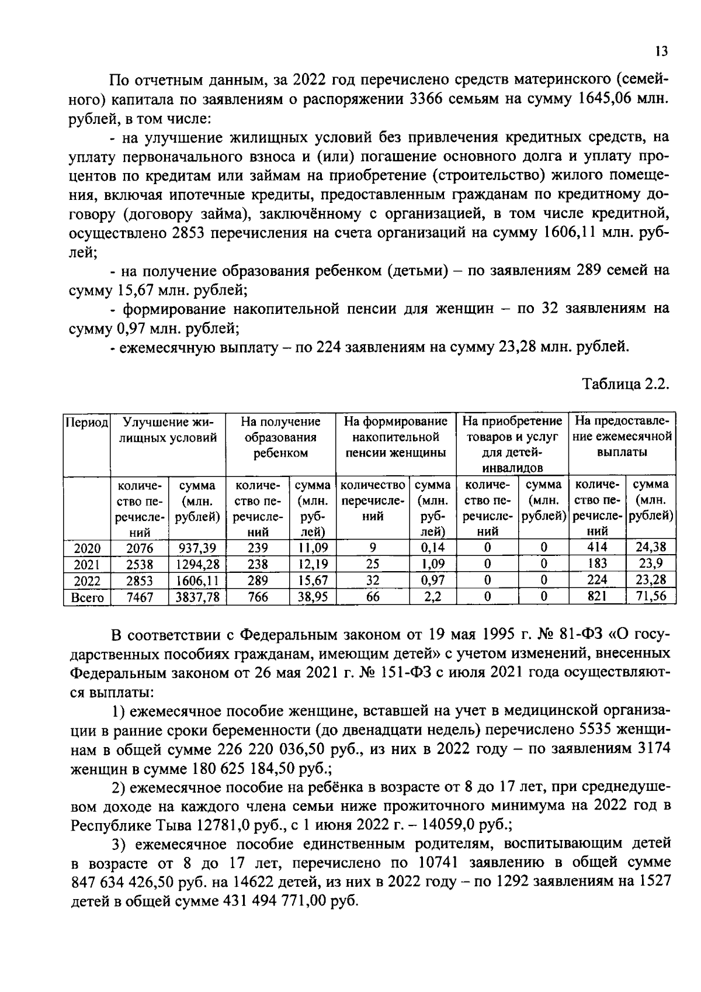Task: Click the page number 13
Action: [661, 51]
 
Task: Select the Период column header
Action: [86, 422]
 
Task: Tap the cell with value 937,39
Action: [197, 548]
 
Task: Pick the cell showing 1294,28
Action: [197, 565]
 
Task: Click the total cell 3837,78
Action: [197, 597]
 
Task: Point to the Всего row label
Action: [86, 597]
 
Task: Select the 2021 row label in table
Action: [86, 565]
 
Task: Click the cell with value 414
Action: [596, 547]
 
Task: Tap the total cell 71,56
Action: [650, 597]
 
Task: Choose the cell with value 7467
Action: [139, 597]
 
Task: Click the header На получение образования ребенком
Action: [280, 437]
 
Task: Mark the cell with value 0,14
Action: [433, 548]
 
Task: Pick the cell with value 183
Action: [596, 564]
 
